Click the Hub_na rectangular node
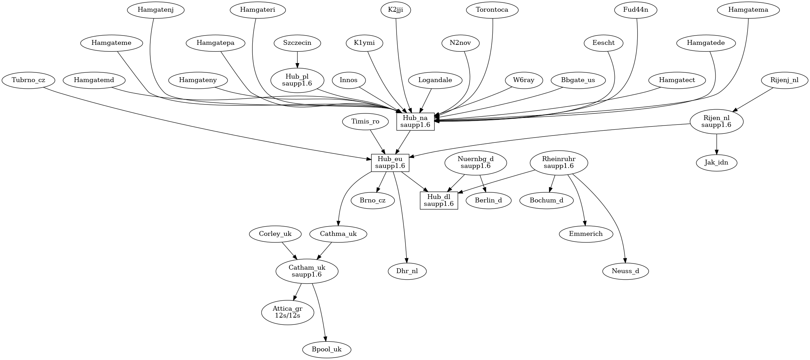tap(415, 122)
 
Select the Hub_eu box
tap(390, 163)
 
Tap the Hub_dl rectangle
tap(439, 200)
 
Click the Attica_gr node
tap(288, 312)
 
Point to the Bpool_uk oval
tap(327, 349)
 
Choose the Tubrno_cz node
tap(28, 80)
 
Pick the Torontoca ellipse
tap(492, 10)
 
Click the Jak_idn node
tap(716, 162)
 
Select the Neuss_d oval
tap(626, 271)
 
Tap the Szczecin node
tap(297, 43)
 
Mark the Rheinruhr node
tap(559, 162)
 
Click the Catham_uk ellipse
tap(307, 271)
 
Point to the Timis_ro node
tap(365, 121)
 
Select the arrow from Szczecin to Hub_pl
tap(297, 60)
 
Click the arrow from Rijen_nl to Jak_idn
tap(717, 144)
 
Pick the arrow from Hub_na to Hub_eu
tap(403, 142)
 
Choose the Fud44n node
tap(636, 10)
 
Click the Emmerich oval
tap(586, 234)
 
